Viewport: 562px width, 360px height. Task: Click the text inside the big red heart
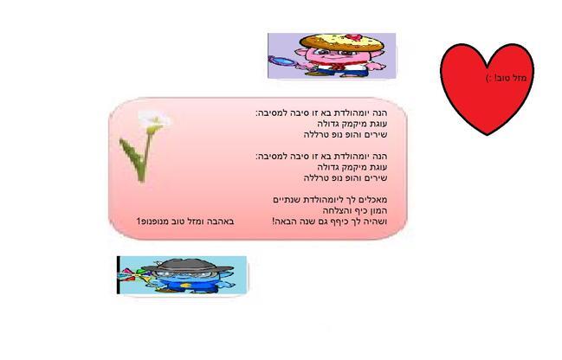click(506, 78)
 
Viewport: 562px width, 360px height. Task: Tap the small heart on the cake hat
click(354, 37)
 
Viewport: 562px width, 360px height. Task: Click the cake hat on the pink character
click(342, 43)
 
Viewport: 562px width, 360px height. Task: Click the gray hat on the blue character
click(187, 267)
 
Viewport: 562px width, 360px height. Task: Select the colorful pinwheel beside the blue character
click(135, 275)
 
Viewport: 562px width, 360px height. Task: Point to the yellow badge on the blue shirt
click(187, 285)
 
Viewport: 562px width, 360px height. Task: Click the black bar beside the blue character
click(119, 275)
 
